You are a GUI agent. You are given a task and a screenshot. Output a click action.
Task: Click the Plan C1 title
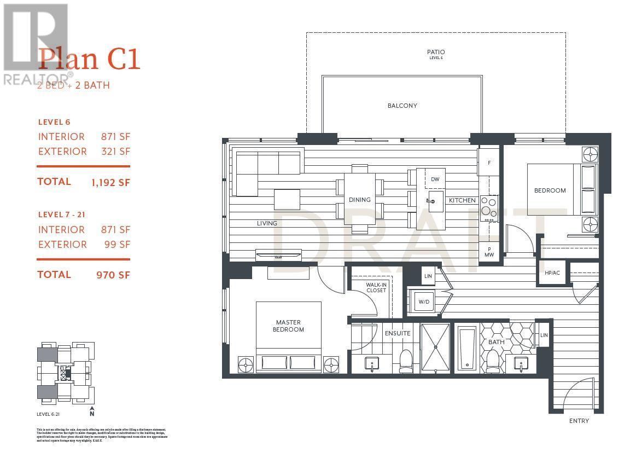pyautogui.click(x=89, y=59)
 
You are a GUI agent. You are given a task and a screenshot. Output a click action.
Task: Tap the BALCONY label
pyautogui.click(x=402, y=106)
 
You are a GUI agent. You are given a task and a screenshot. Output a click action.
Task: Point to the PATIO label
pyautogui.click(x=435, y=53)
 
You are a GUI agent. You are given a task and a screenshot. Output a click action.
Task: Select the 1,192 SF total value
pyautogui.click(x=111, y=183)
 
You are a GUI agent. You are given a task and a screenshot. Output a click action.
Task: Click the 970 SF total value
pyautogui.click(x=113, y=275)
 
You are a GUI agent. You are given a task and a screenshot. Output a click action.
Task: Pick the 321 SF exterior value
pyautogui.click(x=115, y=152)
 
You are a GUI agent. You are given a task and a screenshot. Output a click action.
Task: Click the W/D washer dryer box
pyautogui.click(x=424, y=302)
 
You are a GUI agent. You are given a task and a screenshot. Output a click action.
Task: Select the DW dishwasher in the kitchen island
pyautogui.click(x=435, y=179)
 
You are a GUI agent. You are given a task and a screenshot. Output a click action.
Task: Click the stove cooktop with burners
pyautogui.click(x=489, y=208)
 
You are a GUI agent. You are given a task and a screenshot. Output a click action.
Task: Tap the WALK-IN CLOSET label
pyautogui.click(x=376, y=287)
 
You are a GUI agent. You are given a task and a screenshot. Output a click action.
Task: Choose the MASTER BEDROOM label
pyautogui.click(x=288, y=326)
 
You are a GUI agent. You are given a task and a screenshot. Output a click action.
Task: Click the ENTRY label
pyautogui.click(x=579, y=421)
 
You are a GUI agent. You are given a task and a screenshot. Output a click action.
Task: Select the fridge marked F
pyautogui.click(x=489, y=163)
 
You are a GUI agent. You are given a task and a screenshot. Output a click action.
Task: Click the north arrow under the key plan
pyautogui.click(x=92, y=411)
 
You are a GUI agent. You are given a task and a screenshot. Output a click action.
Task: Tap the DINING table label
pyautogui.click(x=359, y=200)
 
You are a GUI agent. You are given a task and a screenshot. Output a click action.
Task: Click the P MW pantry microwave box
pyautogui.click(x=489, y=252)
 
